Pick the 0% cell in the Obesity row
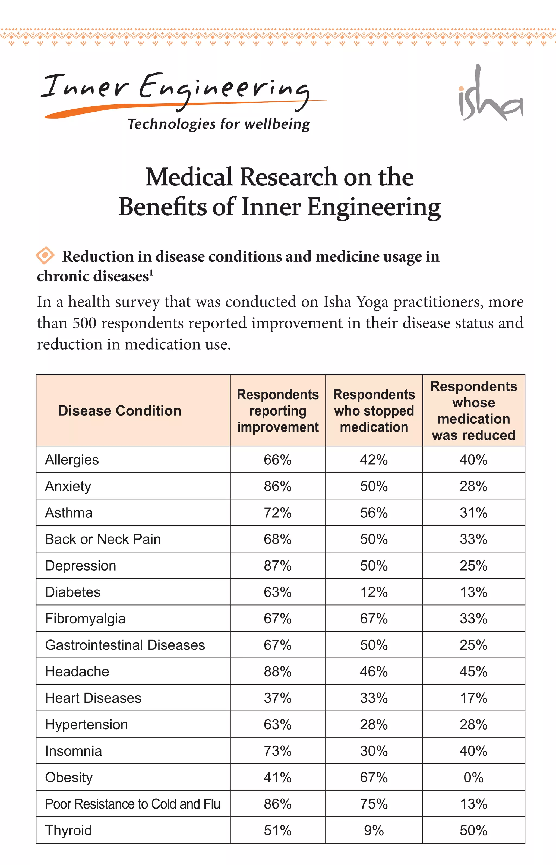(x=473, y=777)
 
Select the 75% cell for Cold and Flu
(x=374, y=804)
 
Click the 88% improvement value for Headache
(x=277, y=671)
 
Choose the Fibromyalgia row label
(x=85, y=619)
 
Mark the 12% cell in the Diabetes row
(x=374, y=592)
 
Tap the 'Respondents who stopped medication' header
(x=374, y=411)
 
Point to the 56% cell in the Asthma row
(x=374, y=513)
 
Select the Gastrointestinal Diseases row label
(x=125, y=645)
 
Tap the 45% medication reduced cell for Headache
(x=473, y=671)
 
